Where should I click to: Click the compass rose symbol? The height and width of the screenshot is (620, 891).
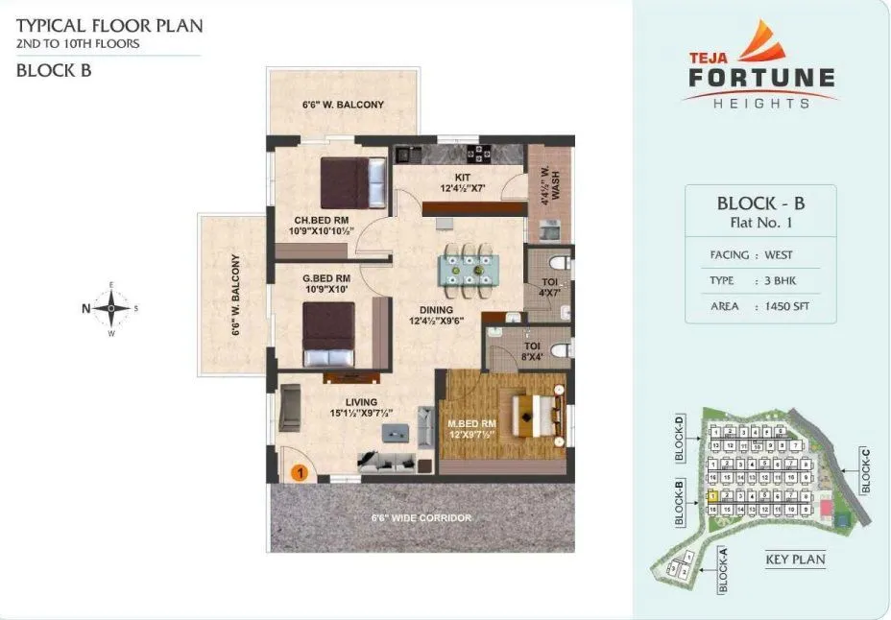[112, 309]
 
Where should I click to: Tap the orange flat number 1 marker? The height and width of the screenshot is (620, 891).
[299, 472]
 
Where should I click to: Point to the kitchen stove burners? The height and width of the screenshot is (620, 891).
[478, 153]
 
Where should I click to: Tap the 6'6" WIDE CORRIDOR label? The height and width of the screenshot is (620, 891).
[421, 518]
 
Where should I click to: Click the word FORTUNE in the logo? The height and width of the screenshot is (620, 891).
[761, 78]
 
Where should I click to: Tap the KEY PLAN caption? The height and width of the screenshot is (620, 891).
[795, 560]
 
